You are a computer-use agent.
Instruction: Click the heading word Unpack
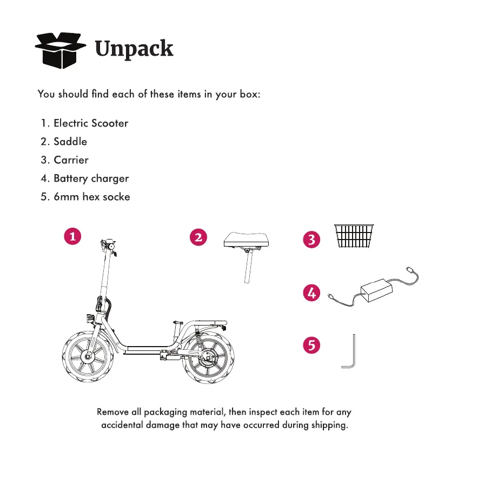coord(134,49)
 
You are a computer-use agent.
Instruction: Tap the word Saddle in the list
coord(70,142)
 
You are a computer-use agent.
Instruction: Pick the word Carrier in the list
coord(71,160)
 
